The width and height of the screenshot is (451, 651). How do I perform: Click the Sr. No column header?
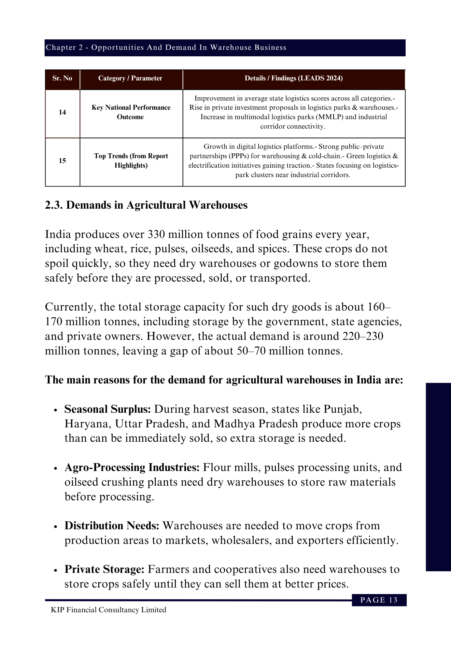(x=62, y=78)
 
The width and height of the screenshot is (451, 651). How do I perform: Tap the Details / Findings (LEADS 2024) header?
(x=293, y=78)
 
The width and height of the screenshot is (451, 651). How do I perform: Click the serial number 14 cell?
(x=62, y=113)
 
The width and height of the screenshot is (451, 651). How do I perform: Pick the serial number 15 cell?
(x=62, y=161)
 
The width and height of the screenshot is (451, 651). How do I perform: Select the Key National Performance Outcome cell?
(x=131, y=112)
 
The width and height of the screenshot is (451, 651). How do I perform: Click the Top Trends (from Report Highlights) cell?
(x=131, y=161)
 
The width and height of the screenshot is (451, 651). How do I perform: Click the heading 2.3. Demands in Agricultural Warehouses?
(x=146, y=205)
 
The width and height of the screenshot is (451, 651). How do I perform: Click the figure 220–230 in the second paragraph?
(x=363, y=336)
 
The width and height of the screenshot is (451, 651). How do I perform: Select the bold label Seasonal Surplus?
(x=107, y=409)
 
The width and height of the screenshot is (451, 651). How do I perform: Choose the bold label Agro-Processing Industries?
(x=132, y=467)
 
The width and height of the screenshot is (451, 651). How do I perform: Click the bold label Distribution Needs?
(x=112, y=526)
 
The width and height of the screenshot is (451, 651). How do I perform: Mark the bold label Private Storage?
(x=104, y=569)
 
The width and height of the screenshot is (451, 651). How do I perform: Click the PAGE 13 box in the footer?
(x=379, y=600)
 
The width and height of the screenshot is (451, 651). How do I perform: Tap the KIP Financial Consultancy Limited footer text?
(x=108, y=610)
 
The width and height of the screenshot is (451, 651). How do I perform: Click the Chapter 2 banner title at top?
(x=166, y=48)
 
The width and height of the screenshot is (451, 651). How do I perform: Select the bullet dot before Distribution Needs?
(x=56, y=526)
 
